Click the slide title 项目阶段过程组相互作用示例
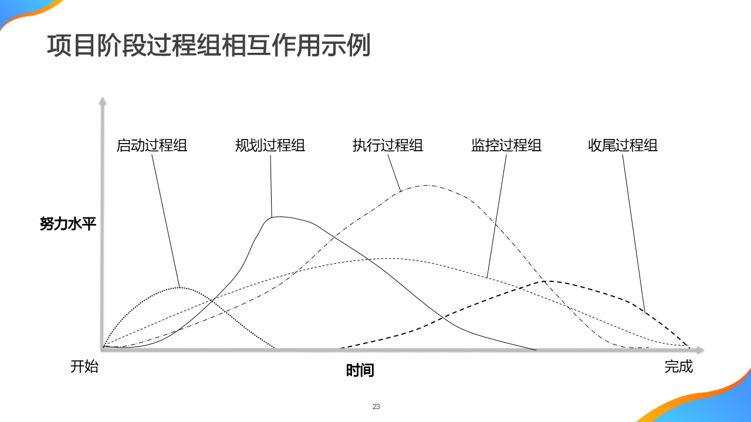pos(208,46)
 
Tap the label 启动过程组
pos(152,145)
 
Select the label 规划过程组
pos(270,145)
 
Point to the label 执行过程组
pos(388,145)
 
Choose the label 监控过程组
pos(506,145)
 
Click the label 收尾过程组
pos(623,145)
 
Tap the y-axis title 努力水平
pos(67,223)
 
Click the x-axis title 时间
pos(360,370)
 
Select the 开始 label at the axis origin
pos(84,367)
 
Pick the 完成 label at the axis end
pos(679,367)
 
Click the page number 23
pos(376,407)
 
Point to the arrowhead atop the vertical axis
pos(103,101)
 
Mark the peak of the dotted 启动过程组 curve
pos(181,287)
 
